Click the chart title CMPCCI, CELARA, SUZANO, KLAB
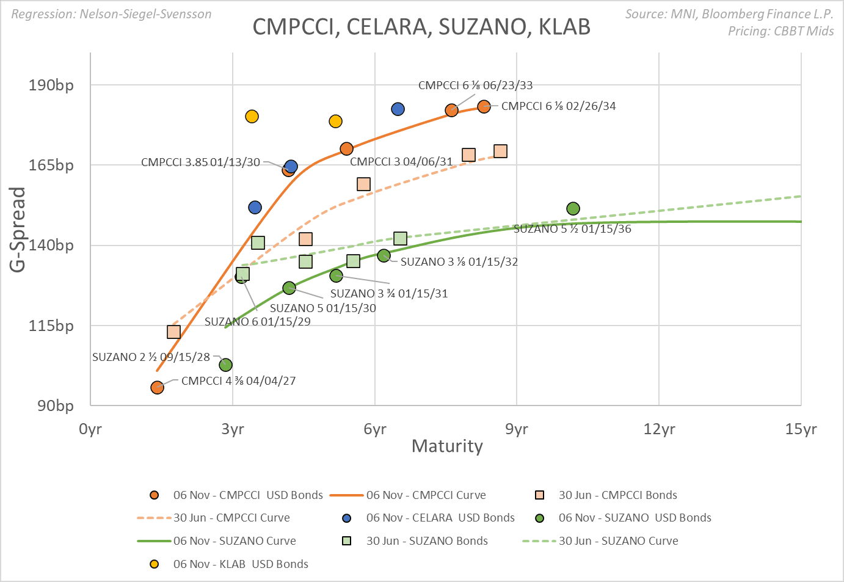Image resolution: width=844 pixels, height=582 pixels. [421, 27]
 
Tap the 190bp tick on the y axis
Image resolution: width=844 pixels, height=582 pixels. [51, 85]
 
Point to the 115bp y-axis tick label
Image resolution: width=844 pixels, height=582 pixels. [51, 326]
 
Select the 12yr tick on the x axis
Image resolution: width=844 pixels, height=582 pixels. [659, 429]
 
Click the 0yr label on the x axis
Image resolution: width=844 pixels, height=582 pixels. [90, 429]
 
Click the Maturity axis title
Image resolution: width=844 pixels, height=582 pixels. [447, 446]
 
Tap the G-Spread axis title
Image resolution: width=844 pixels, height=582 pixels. [18, 229]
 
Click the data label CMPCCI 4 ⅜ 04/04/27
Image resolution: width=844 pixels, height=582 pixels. [238, 381]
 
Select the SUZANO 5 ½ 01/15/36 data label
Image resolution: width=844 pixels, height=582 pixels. [572, 229]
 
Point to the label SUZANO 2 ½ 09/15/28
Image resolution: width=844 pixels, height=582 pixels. [151, 357]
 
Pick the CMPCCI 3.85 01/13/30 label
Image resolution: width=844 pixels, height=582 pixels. [200, 162]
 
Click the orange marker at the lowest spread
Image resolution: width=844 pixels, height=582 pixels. [157, 388]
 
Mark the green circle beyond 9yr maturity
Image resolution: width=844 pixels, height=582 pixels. [573, 209]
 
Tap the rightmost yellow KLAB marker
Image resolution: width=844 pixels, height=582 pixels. [335, 122]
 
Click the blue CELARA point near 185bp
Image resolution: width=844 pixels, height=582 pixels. [398, 109]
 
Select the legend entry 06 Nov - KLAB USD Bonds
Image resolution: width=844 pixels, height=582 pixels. [241, 564]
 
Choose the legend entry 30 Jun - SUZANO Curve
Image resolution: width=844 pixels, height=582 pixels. [618, 541]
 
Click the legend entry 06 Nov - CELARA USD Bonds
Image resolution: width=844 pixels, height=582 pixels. [440, 518]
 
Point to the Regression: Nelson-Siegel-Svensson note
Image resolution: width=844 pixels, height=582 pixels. [111, 14]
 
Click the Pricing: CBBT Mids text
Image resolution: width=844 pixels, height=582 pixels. [780, 31]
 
